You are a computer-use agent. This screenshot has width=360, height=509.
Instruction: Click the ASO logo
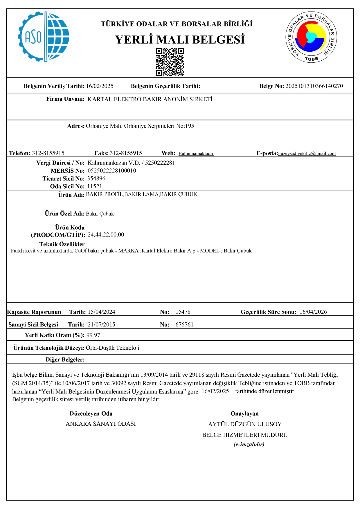(44, 37)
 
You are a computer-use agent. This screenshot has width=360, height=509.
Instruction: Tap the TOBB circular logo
(311, 37)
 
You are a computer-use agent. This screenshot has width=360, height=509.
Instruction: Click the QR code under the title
(170, 62)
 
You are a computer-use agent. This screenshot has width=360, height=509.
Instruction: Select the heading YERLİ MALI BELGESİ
(180, 40)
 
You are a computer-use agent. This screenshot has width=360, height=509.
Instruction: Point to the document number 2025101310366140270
(314, 86)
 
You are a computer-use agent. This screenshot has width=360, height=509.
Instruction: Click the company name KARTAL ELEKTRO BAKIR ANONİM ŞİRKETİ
(150, 99)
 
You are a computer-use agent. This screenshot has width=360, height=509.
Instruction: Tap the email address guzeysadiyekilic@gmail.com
(307, 154)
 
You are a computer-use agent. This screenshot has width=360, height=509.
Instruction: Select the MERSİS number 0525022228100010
(112, 171)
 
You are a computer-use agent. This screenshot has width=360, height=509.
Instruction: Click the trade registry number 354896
(96, 178)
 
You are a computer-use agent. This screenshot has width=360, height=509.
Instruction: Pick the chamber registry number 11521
(95, 186)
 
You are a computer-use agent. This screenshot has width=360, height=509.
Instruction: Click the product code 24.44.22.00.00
(106, 234)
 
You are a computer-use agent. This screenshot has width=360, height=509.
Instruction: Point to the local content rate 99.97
(93, 335)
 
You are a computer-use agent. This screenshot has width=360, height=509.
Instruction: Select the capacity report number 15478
(183, 312)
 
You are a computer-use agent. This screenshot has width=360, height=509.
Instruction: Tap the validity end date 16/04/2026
(313, 312)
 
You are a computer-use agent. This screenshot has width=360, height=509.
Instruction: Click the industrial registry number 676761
(184, 324)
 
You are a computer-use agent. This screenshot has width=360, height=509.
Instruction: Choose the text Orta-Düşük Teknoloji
(113, 348)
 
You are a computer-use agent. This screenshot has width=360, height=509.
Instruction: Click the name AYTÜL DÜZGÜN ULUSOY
(245, 424)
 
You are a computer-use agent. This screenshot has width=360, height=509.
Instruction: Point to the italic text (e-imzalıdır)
(249, 444)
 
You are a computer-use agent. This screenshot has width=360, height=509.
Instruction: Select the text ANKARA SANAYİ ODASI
(101, 424)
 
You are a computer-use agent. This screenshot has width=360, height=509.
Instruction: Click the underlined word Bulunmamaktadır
(196, 154)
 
